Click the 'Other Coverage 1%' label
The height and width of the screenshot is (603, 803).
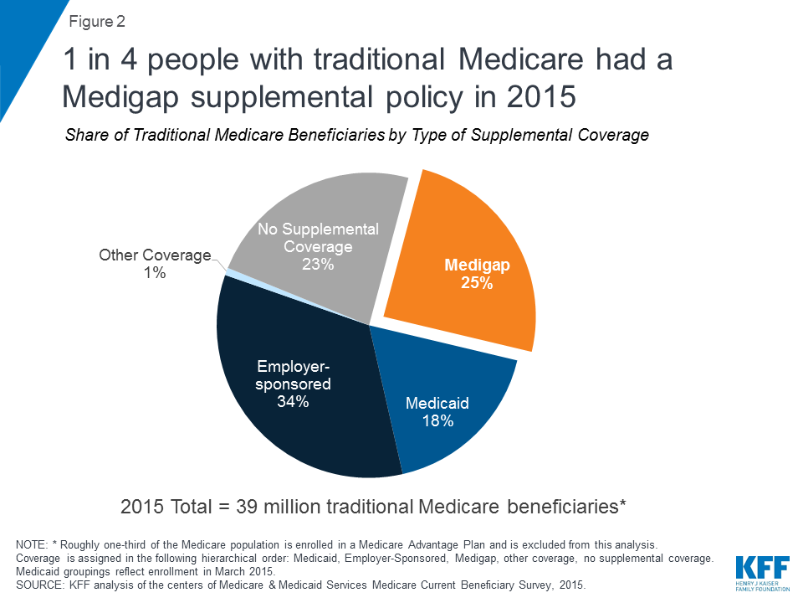[155, 263]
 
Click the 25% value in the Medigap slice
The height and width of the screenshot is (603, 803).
[477, 284]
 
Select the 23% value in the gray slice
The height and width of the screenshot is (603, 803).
[319, 264]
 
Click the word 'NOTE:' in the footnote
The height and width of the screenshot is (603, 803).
[33, 545]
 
